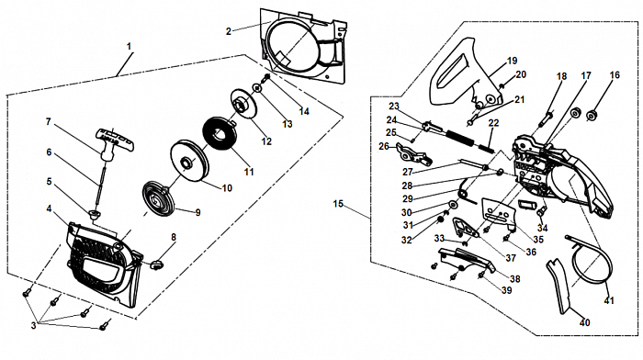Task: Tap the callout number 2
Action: (x=229, y=31)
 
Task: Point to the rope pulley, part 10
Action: (x=189, y=161)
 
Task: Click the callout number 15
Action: (x=338, y=203)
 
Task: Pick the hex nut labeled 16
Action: (x=591, y=115)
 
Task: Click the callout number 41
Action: (x=609, y=300)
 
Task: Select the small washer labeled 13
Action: (x=257, y=88)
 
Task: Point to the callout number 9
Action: (x=197, y=212)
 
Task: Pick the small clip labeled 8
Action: (x=157, y=264)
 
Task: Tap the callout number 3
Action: (x=34, y=325)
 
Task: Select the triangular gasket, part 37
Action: (x=465, y=228)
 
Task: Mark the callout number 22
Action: (x=493, y=123)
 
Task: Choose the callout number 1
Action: (x=130, y=46)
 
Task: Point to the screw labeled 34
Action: (x=541, y=210)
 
